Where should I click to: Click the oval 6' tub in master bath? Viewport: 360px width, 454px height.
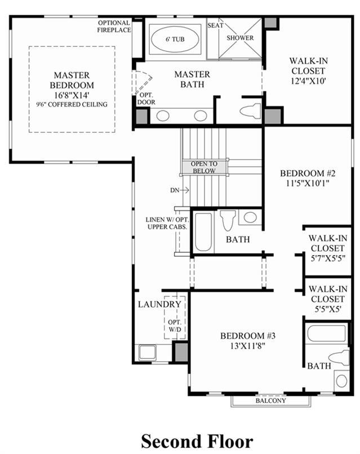coord(175,39)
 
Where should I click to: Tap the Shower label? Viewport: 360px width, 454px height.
coord(240,38)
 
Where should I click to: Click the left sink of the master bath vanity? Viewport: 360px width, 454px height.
coord(162,116)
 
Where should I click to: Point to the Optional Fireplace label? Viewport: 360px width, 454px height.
coord(114,26)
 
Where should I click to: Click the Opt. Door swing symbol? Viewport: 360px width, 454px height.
coord(142,82)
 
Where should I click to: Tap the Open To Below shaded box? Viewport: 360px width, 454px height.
coord(204,167)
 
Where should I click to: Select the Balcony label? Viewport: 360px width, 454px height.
coord(271,400)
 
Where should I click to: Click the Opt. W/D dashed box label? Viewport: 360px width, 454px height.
coord(175,326)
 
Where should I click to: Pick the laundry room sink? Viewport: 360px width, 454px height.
coord(148,352)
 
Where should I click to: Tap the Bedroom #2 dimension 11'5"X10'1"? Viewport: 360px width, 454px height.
coord(308,183)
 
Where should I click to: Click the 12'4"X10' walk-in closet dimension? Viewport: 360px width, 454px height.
coord(308,81)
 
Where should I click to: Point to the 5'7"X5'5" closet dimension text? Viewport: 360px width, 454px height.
coord(328,258)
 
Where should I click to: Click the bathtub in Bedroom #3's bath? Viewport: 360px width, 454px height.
coord(326,333)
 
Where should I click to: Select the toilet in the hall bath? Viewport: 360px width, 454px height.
coord(228,220)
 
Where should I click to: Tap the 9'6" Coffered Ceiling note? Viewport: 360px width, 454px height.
coord(72,105)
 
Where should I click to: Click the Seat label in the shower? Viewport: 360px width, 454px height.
coord(215,25)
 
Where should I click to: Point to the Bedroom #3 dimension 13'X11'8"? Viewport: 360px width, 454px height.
coord(248,346)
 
